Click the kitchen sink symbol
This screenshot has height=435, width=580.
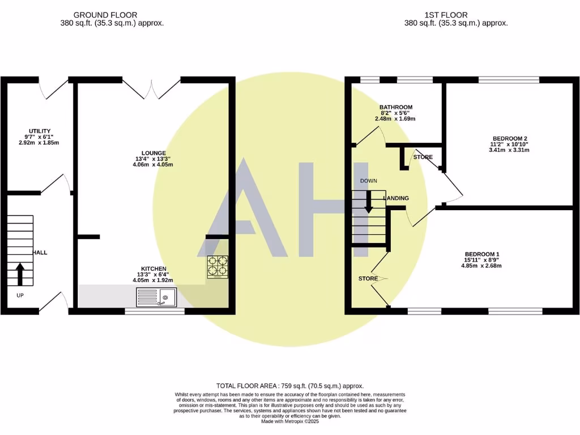click(157, 297)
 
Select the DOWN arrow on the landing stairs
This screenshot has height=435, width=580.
click(369, 202)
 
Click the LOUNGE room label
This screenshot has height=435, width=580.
click(154, 153)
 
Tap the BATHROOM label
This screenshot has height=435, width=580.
click(395, 107)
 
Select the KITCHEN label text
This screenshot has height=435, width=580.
click(154, 268)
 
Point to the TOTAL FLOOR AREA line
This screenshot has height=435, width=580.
click(289, 386)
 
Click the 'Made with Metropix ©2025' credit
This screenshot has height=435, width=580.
click(289, 421)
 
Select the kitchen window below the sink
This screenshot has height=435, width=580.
click(155, 310)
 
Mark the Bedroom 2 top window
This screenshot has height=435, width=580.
click(509, 79)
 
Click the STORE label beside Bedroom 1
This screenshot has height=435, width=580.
click(368, 279)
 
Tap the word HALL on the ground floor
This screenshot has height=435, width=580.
click(40, 252)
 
